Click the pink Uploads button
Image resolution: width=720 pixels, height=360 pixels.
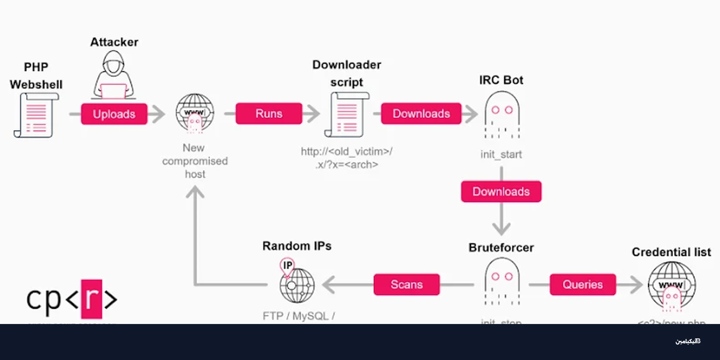(114, 114)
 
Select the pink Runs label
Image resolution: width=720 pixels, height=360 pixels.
(269, 114)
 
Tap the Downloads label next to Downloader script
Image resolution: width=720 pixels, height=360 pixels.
(421, 114)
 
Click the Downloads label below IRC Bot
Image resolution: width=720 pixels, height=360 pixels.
(501, 192)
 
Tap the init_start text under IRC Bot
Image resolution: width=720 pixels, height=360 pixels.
(501, 154)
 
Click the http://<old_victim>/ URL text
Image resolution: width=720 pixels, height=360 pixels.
(347, 152)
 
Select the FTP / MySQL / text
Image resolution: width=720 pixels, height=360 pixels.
(299, 316)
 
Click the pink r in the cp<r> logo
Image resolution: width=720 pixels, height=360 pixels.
(92, 299)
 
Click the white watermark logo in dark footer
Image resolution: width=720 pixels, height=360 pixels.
(688, 341)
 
